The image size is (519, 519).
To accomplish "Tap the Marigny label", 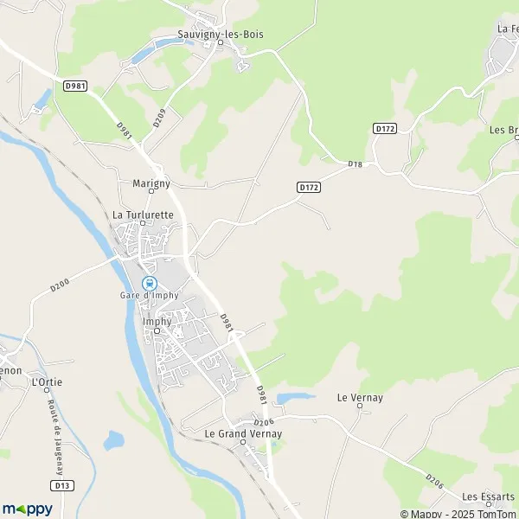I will pos(151,183).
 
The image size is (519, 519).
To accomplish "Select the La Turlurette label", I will pos(143,214).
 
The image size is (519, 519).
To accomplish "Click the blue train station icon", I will pos(149,282).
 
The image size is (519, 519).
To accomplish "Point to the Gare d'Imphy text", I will pos(149,296).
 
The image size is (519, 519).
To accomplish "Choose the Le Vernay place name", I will pos(360,397).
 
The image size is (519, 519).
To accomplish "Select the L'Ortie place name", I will pos(46,381).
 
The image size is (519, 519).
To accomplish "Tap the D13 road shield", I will pos(61,486).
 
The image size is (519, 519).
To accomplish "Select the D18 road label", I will pos(355,164).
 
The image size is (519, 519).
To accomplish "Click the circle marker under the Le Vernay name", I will pos(360,407).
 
